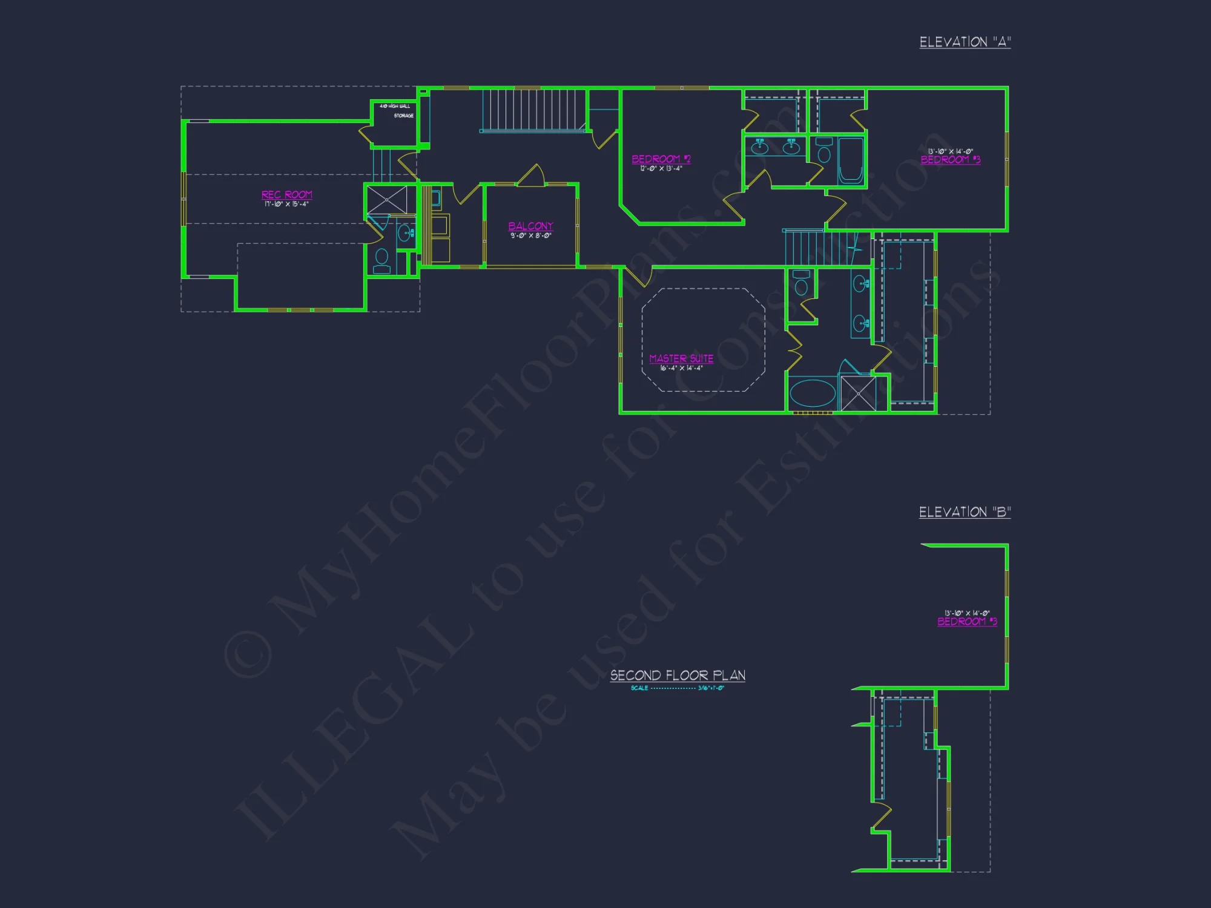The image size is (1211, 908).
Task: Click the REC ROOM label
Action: coord(287,194)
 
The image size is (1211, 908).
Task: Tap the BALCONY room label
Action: coord(530,226)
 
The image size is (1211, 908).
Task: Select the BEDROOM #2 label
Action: coord(661,159)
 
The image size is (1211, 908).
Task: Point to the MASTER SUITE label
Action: coord(681,358)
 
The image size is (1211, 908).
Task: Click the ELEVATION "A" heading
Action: coord(965,42)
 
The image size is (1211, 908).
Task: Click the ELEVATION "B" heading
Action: coord(965,512)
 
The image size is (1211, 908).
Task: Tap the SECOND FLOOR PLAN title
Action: coord(678,676)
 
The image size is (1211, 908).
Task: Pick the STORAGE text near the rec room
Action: coord(404,116)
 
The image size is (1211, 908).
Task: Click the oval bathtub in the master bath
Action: coord(813,393)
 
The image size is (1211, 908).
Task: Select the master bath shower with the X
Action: coord(859,393)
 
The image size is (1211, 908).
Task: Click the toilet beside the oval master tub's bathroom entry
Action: coord(801,283)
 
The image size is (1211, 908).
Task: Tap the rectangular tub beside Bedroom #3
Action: coord(851,161)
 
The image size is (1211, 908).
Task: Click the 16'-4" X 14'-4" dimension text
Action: coord(681,368)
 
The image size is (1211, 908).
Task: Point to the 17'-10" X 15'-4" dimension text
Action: coord(286,204)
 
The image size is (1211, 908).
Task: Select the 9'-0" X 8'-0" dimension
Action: coord(530,235)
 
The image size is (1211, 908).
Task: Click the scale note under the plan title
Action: coord(678,688)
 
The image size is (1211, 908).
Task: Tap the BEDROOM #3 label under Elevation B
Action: coord(967,622)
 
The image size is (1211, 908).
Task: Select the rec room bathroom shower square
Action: coord(388,200)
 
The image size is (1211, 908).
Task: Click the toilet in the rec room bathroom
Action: coord(381,260)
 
